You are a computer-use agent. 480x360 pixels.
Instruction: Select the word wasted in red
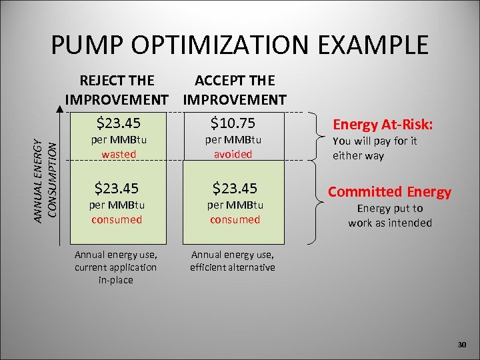pos(118,154)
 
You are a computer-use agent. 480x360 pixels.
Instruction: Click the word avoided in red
pos(233,154)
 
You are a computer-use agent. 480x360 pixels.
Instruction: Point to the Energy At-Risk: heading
pos(383,125)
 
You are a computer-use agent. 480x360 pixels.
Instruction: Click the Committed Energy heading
pos(390,192)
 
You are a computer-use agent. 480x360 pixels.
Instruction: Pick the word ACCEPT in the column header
pos(218,81)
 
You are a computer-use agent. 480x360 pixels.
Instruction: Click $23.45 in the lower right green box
pos(234,188)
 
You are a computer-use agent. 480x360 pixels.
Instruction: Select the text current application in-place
pos(116,273)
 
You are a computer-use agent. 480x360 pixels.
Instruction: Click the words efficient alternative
pos(233,267)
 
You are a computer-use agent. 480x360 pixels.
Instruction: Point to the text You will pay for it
pos(375,141)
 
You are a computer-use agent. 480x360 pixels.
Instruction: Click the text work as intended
pos(390,223)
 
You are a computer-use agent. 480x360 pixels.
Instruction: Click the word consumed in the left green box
pos(118,219)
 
